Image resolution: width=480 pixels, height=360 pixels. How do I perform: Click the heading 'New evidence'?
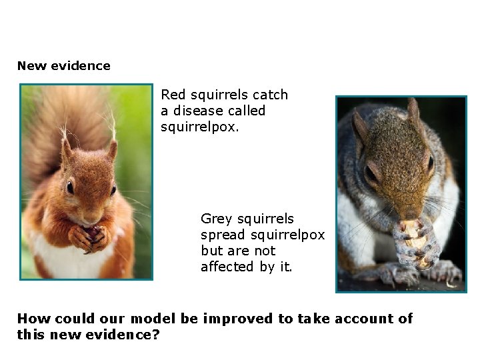pos(63,65)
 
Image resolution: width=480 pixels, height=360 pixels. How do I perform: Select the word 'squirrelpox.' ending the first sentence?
pos(199,127)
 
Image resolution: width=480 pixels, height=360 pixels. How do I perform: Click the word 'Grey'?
pos(215,219)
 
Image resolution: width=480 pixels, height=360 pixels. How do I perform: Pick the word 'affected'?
pos(227,267)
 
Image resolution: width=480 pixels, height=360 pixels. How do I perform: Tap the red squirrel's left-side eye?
pos(70,187)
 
